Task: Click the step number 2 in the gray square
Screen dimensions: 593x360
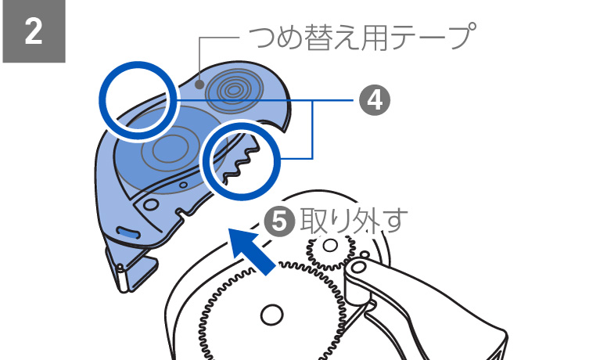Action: (34, 32)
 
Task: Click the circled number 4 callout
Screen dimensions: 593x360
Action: (375, 100)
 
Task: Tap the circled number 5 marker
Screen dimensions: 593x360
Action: (279, 221)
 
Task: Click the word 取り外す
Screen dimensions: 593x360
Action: (354, 221)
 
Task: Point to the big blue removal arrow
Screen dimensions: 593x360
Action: (252, 250)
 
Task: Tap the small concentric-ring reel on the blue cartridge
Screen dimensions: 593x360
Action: (233, 90)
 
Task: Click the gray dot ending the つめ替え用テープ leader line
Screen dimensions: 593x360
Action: (199, 85)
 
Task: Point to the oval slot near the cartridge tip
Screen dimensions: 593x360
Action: (128, 232)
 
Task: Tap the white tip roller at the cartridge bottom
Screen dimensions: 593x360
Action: (122, 278)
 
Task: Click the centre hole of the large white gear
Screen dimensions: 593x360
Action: (272, 315)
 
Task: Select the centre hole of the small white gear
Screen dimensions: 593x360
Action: (330, 246)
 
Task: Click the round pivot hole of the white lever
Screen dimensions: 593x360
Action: (358, 268)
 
